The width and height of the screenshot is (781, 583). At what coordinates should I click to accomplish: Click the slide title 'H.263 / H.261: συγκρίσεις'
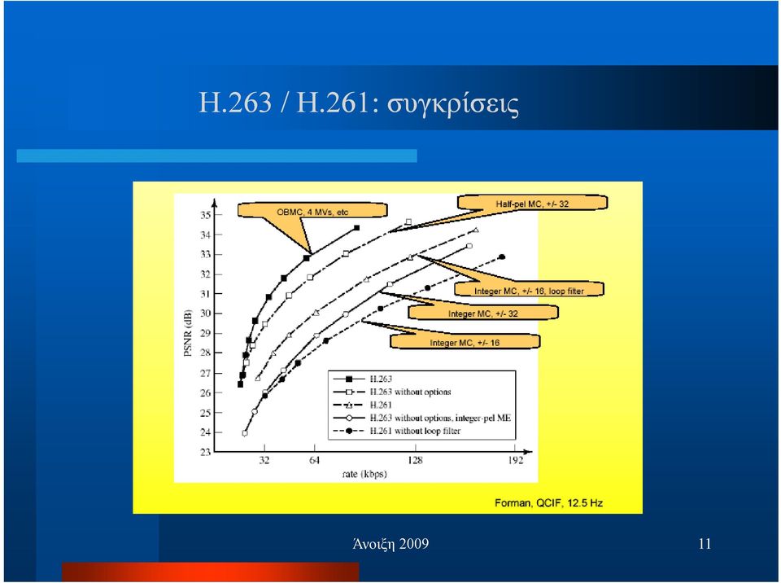tap(359, 103)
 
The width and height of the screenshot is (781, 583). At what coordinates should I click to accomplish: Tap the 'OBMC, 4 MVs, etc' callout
tap(312, 212)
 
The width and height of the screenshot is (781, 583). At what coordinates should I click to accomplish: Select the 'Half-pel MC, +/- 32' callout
tap(532, 204)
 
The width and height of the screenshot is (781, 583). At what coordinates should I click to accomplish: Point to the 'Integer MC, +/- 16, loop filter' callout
tap(529, 290)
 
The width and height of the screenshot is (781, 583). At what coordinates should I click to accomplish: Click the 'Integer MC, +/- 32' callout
tap(482, 313)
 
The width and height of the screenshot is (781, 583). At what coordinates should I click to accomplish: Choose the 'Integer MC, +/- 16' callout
tap(465, 342)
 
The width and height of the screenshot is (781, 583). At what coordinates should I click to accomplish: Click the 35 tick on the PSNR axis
tap(205, 215)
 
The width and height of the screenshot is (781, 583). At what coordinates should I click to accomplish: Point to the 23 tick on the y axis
tap(205, 453)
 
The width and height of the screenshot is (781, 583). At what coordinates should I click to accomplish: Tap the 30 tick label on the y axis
tap(205, 313)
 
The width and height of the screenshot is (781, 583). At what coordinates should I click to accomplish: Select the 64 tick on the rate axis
tap(314, 460)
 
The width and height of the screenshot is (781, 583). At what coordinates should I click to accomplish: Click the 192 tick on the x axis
tap(516, 460)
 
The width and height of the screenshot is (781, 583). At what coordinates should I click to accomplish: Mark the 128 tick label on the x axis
tap(415, 460)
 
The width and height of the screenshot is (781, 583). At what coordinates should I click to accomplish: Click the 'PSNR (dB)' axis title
tap(188, 333)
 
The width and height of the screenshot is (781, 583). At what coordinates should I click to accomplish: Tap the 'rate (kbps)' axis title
tap(364, 474)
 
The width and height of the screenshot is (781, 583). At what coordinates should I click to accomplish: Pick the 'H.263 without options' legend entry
tap(392, 392)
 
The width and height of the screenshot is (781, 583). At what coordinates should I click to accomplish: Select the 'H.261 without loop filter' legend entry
tap(396, 431)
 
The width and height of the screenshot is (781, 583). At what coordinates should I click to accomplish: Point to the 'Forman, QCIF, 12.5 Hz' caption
tap(549, 502)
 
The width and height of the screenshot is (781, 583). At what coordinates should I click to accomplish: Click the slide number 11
tap(705, 544)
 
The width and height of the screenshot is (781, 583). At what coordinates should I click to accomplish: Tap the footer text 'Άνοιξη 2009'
tap(390, 544)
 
